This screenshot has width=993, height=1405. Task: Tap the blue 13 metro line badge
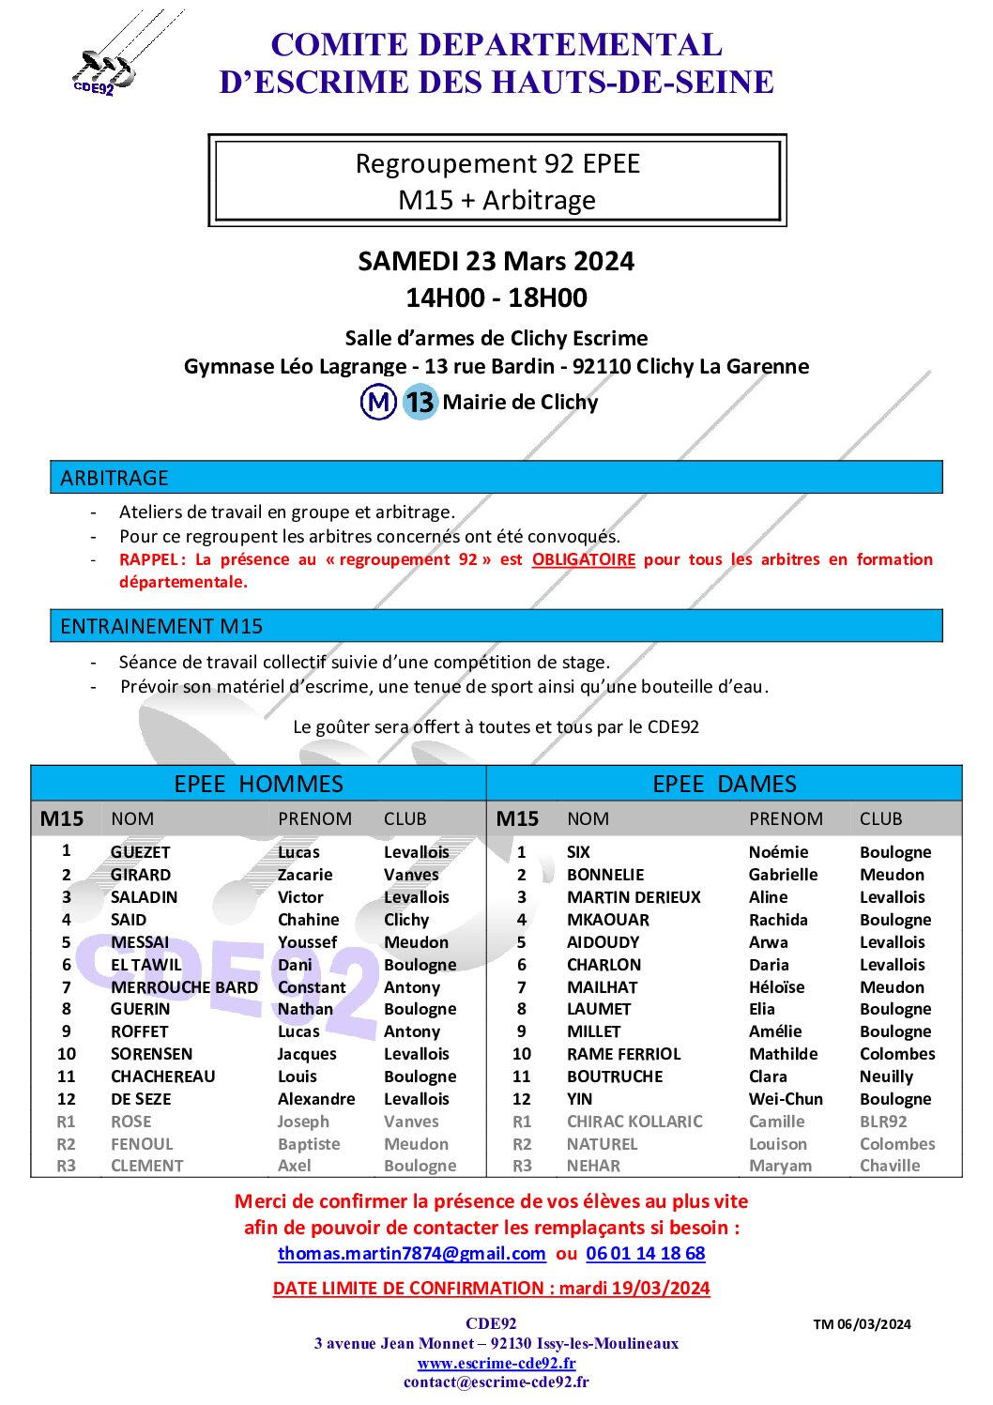click(x=420, y=403)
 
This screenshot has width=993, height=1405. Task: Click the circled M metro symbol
click(x=378, y=403)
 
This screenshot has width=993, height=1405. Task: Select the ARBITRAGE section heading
click(x=115, y=478)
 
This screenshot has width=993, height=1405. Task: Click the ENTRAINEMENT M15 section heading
click(x=161, y=626)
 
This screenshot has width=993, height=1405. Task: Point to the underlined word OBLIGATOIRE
click(x=583, y=559)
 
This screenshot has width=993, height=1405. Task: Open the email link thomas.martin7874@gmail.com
click(x=411, y=1253)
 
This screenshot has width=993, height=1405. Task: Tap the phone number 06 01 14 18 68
click(x=645, y=1253)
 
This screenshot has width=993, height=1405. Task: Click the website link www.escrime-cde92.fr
click(x=496, y=1363)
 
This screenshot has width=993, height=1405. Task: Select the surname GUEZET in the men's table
click(x=141, y=852)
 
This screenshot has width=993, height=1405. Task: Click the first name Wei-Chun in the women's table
click(x=786, y=1099)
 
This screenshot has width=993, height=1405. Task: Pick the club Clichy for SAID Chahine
click(x=406, y=920)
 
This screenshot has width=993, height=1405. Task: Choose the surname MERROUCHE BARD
click(x=184, y=987)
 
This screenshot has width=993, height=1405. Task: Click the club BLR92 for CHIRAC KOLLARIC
click(x=883, y=1122)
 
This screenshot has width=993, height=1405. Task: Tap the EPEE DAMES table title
click(x=724, y=784)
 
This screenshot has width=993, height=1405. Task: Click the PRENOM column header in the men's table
click(x=314, y=818)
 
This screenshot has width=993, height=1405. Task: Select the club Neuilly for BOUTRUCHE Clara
click(x=886, y=1077)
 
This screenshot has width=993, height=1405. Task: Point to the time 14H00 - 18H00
click(x=496, y=298)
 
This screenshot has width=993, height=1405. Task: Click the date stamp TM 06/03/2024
click(x=862, y=1324)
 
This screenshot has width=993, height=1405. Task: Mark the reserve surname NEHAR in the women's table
click(x=593, y=1166)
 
